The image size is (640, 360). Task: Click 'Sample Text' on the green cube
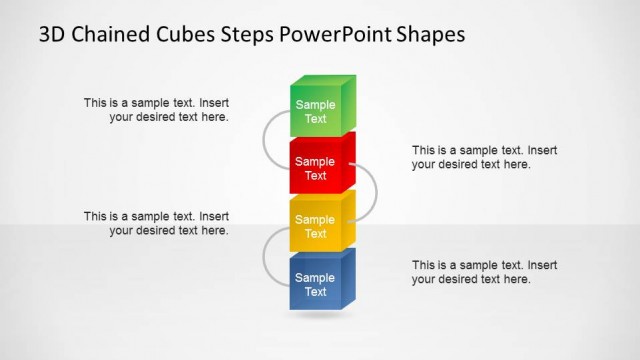pos(315,112)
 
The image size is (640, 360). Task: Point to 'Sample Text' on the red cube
pos(315,169)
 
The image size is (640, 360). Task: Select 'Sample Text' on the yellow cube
pos(315,227)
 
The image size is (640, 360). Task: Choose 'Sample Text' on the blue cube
pos(315,285)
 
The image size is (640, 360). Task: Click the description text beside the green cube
pos(156,109)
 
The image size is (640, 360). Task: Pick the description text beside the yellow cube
pos(156,223)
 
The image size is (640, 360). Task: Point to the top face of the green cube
pos(325,81)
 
